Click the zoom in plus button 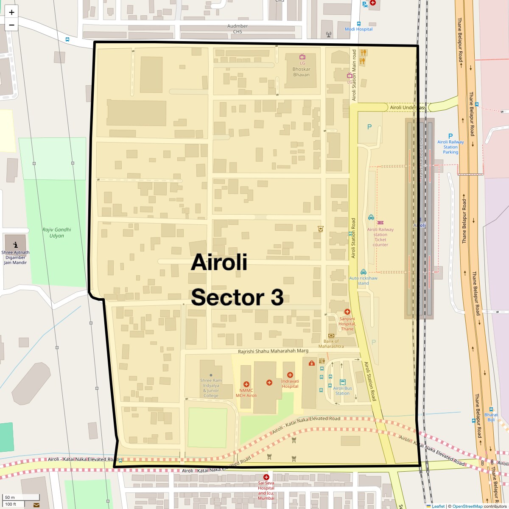click(11, 12)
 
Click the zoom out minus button click(11, 25)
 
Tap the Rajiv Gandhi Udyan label click(57, 232)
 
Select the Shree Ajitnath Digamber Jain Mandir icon click(16, 244)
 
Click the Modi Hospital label click(358, 29)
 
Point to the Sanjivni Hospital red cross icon click(347, 312)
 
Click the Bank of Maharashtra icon click(331, 336)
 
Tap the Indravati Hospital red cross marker click(290, 375)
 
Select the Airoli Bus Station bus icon click(342, 382)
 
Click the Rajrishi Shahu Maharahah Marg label click(273, 351)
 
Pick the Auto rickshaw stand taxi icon click(363, 272)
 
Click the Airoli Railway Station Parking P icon click(450, 136)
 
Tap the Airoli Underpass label click(408, 108)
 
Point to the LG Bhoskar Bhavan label click(302, 69)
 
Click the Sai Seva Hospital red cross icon click(266, 477)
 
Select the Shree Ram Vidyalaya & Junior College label click(211, 388)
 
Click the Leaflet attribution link click(438, 506)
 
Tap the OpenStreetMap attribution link click(467, 506)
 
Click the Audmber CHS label click(238, 28)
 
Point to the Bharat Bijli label click(491, 417)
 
